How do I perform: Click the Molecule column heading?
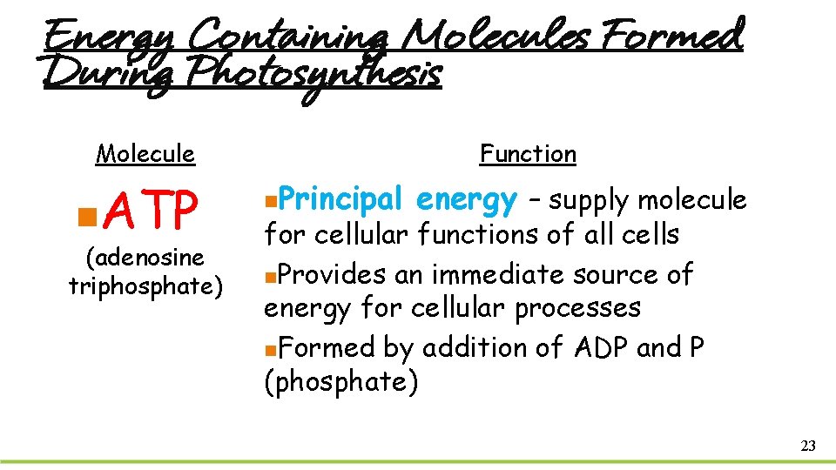145,154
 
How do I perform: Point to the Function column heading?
528,154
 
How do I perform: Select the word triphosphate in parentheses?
145,286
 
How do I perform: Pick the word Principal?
342,200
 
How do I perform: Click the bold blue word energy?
467,200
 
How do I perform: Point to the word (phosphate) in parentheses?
340,382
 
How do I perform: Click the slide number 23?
807,446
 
